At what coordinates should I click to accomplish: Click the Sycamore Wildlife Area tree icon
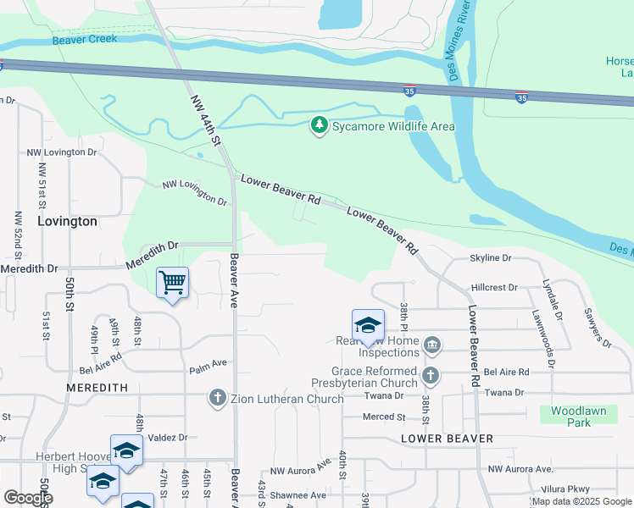(319, 126)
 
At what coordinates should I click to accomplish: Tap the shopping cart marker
(173, 282)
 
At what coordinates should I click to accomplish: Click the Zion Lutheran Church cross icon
(217, 397)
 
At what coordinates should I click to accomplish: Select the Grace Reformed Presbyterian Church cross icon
(431, 374)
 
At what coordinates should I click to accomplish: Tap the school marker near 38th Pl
(369, 325)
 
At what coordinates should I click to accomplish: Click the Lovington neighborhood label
(68, 221)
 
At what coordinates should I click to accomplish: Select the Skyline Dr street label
(492, 258)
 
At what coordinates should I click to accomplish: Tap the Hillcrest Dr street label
(494, 288)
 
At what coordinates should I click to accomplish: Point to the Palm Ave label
(209, 363)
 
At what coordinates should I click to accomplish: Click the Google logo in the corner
(27, 498)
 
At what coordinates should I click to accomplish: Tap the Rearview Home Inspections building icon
(431, 344)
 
